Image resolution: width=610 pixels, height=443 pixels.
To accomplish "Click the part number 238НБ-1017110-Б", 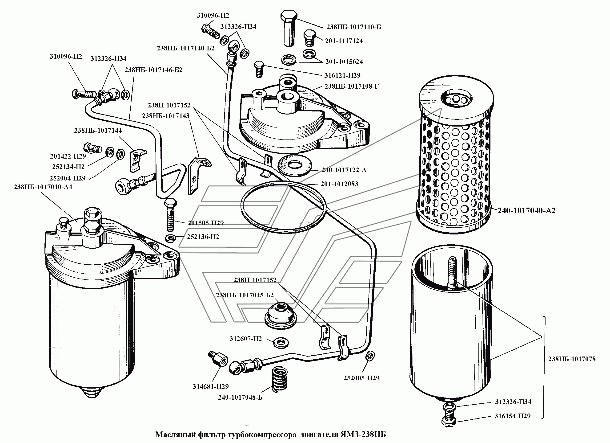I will click(353, 27).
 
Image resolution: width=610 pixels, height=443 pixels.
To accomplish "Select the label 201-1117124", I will click(344, 41).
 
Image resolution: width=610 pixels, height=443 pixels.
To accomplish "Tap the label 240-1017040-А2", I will click(526, 211).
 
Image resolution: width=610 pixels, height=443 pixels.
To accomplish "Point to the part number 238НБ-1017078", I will click(572, 359).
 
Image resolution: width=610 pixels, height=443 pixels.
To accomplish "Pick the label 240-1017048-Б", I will click(240, 398).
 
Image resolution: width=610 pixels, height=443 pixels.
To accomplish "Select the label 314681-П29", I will click(210, 386).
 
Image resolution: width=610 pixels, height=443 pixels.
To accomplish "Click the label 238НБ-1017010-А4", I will click(43, 187).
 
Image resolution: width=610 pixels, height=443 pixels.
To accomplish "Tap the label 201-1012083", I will click(339, 184).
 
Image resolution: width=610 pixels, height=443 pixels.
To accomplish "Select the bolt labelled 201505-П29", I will click(170, 215).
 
